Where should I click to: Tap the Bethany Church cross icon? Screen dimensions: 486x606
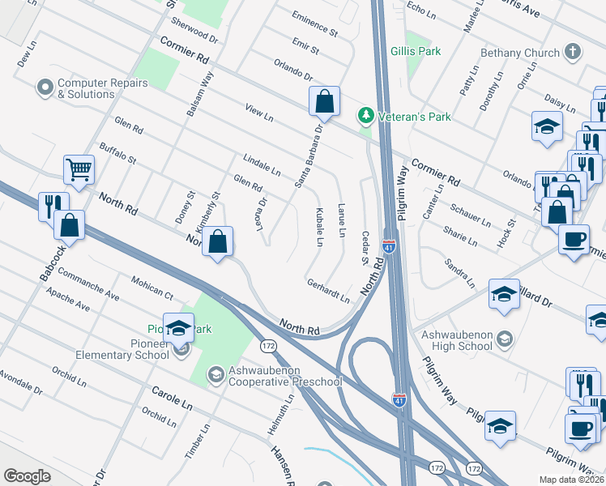(x=573, y=53)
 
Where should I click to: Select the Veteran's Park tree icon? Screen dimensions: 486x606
(x=366, y=117)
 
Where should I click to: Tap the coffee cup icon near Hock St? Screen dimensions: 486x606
(x=574, y=240)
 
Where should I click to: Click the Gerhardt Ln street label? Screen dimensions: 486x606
(x=328, y=291)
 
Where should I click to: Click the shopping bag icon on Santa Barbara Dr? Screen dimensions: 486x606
(x=324, y=102)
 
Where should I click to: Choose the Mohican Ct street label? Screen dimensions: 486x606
(x=152, y=286)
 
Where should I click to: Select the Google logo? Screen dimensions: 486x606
(x=27, y=476)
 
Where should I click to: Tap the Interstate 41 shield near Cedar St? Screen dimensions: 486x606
(x=389, y=244)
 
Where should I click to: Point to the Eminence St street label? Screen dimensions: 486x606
(x=314, y=27)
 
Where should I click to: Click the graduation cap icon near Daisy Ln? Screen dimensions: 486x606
(x=547, y=126)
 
